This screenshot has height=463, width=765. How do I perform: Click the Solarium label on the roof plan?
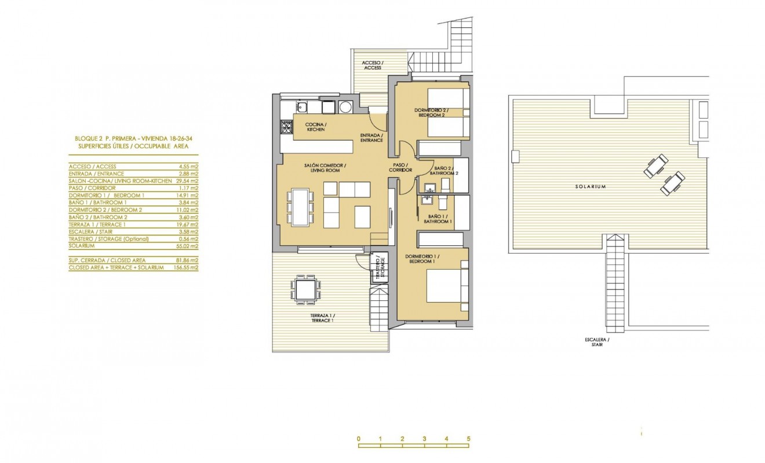pos(591,187)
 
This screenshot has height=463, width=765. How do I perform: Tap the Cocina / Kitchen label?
pos(316,127)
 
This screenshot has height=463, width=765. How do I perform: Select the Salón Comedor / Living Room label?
pos(325,168)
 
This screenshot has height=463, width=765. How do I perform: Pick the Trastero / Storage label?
pos(380,269)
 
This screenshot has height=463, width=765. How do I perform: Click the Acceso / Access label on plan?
pos(372,65)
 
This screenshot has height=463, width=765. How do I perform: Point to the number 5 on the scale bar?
pos(468,439)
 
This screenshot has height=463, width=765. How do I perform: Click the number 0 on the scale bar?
pos(359,439)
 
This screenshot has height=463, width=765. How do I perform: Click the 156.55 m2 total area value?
pos(185,268)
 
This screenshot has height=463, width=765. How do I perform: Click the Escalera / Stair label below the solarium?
pos(598,342)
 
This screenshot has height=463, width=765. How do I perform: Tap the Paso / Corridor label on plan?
pos(400,167)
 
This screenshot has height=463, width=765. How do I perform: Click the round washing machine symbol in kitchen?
pos(346,107)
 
